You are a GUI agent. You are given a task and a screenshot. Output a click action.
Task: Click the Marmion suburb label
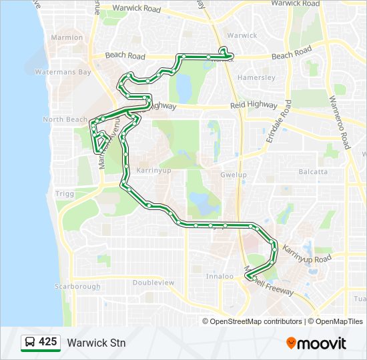pyautogui.click(x=67, y=37)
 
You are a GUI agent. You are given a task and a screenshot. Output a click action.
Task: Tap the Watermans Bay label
pyautogui.click(x=63, y=72)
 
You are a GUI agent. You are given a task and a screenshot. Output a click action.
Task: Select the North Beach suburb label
pyautogui.click(x=65, y=119)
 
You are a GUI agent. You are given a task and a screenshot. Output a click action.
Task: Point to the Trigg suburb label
pyautogui.click(x=65, y=193)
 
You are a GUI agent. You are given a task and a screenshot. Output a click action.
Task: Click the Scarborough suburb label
pyautogui.click(x=78, y=287)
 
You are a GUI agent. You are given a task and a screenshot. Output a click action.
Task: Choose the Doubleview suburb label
pyautogui.click(x=153, y=283)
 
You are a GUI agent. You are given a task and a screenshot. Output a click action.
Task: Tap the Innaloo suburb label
pyautogui.click(x=220, y=276)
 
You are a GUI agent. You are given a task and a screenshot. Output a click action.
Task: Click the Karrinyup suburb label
pyautogui.click(x=154, y=171)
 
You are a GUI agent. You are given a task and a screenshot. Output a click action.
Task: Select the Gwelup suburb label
pyautogui.click(x=233, y=175)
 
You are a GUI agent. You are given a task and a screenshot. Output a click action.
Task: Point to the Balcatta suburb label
pyautogui.click(x=313, y=171)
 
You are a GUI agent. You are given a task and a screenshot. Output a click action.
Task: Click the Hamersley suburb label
pyautogui.click(x=256, y=77)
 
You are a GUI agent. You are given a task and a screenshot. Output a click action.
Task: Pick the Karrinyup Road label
pyautogui.click(x=306, y=254)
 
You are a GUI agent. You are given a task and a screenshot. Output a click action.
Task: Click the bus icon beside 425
pyautogui.click(x=29, y=343)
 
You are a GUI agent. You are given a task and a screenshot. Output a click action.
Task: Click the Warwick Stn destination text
pyautogui.click(x=96, y=343)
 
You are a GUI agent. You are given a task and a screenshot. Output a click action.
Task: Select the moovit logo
pyautogui.click(x=316, y=343)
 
